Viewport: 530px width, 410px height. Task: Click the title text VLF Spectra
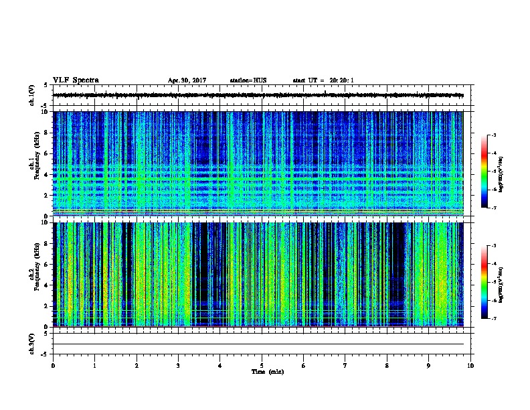pyautogui.click(x=76, y=80)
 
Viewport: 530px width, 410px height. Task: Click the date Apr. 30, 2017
pyautogui.click(x=187, y=80)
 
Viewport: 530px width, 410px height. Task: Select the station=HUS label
pyautogui.click(x=248, y=80)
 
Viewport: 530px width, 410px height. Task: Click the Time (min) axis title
pyautogui.click(x=262, y=371)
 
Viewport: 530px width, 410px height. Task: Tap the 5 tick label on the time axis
pyautogui.click(x=262, y=365)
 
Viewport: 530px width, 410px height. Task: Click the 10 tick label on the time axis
pyautogui.click(x=470, y=365)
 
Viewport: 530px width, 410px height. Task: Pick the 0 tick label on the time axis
pyautogui.click(x=53, y=365)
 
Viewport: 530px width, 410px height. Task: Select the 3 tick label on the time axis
pyautogui.click(x=178, y=365)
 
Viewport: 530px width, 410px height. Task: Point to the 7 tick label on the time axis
pyautogui.click(x=345, y=365)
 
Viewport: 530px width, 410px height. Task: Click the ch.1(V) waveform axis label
pyautogui.click(x=32, y=95)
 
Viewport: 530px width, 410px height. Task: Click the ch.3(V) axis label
pyautogui.click(x=32, y=343)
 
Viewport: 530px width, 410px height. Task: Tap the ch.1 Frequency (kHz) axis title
pyautogui.click(x=33, y=163)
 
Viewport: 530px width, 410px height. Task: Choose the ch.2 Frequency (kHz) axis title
pyautogui.click(x=33, y=274)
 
